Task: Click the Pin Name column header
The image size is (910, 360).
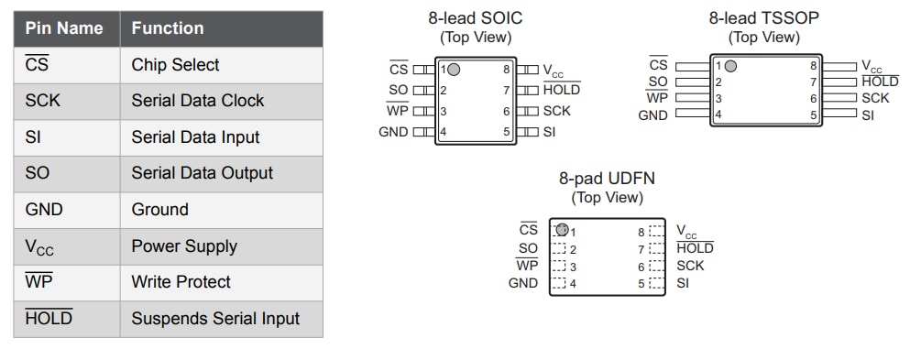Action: point(64,28)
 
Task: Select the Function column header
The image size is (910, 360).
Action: point(168,28)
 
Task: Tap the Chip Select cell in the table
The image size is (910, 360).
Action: point(175,65)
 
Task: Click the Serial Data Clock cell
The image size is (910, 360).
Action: point(197,101)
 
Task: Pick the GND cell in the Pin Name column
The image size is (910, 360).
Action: point(44,210)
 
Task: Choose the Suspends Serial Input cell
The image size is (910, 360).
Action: point(215,319)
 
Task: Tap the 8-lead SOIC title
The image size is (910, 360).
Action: point(476,17)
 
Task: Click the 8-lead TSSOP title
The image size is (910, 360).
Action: point(764,17)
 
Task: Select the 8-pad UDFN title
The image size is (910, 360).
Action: point(607,179)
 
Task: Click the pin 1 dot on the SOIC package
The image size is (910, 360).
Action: point(454,70)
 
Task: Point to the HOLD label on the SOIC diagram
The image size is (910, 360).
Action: point(561,90)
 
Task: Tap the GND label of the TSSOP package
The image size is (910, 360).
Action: point(652,115)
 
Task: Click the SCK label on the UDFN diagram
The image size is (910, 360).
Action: point(690,266)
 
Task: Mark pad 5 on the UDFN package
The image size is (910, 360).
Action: point(655,283)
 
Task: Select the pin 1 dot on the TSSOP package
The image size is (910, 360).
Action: point(730,66)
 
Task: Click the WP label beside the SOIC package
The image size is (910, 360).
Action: point(398,111)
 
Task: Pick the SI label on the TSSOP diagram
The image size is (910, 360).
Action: point(868,115)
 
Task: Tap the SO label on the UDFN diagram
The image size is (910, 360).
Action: point(528,248)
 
